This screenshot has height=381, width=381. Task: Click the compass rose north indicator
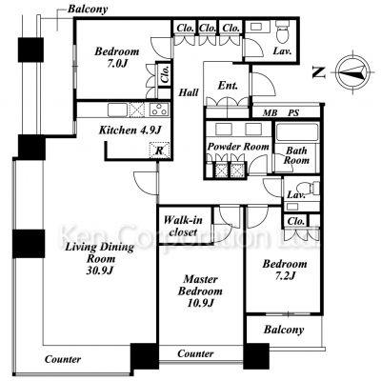coord(352,72)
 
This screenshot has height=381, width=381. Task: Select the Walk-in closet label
coord(183,226)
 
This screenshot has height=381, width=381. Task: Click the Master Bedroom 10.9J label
coord(200,291)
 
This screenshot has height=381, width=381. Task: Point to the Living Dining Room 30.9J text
coord(99,258)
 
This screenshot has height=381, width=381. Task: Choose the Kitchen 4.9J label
coord(130,130)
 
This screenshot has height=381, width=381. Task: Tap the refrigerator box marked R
coord(159,150)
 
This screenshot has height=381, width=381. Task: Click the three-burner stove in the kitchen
coord(160,110)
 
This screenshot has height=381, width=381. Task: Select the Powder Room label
coord(238,147)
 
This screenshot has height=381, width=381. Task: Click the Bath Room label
coord(296,155)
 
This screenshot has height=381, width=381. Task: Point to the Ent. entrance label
coord(228,86)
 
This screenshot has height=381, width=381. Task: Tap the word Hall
coord(189,92)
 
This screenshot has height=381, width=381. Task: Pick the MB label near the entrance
coord(270,112)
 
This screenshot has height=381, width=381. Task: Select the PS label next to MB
coord(293,112)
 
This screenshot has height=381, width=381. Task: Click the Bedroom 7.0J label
coord(117,57)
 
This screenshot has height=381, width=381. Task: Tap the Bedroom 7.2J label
coord(285,270)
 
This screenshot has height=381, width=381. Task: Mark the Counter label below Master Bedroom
coord(195,353)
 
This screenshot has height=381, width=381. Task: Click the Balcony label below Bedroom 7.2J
coord(284,330)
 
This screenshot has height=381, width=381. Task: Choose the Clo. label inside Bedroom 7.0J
coord(165,74)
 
